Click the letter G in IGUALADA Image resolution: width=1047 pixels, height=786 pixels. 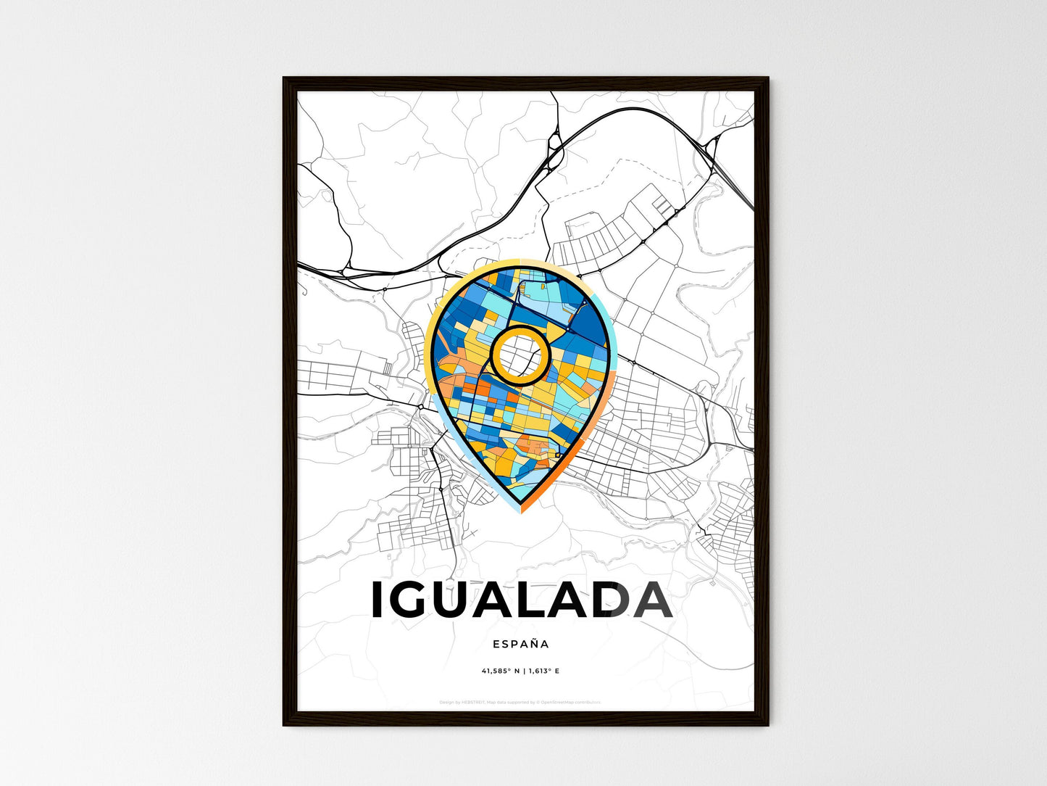(x=415, y=600)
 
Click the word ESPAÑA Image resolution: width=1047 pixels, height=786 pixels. (x=520, y=644)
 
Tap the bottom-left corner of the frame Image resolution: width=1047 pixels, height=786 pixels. (x=285, y=724)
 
